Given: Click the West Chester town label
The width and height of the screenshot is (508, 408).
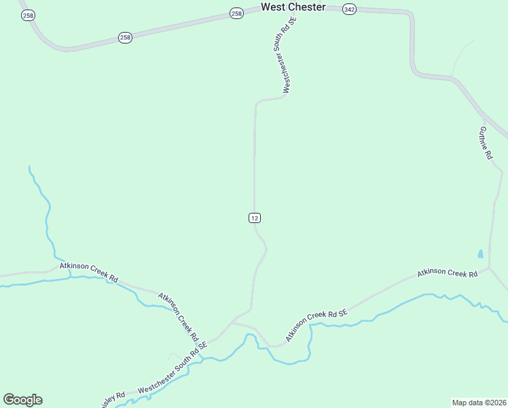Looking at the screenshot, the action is (x=293, y=7).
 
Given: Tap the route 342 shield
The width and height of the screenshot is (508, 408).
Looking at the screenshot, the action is (x=349, y=10).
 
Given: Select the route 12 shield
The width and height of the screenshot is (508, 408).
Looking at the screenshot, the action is (x=254, y=218).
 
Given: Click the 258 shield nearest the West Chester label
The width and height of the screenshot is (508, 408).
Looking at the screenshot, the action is (x=236, y=14).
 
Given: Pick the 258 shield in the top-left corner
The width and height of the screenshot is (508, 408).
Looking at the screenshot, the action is (x=26, y=15).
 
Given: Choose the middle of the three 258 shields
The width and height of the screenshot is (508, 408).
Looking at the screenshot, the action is (x=124, y=37).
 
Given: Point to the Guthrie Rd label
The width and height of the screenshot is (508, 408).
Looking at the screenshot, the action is (x=485, y=143).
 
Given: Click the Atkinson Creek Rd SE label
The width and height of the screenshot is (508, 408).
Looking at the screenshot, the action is (x=316, y=325).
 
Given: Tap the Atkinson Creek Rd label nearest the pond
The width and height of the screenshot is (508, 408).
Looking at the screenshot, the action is (x=448, y=273).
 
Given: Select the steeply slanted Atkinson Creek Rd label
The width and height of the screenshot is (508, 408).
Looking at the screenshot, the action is (x=178, y=317).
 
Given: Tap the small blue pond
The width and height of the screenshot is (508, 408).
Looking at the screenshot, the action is (x=480, y=254).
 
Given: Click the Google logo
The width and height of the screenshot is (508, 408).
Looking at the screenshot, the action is (x=22, y=400).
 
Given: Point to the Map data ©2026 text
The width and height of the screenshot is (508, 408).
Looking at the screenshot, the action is (x=479, y=402).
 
